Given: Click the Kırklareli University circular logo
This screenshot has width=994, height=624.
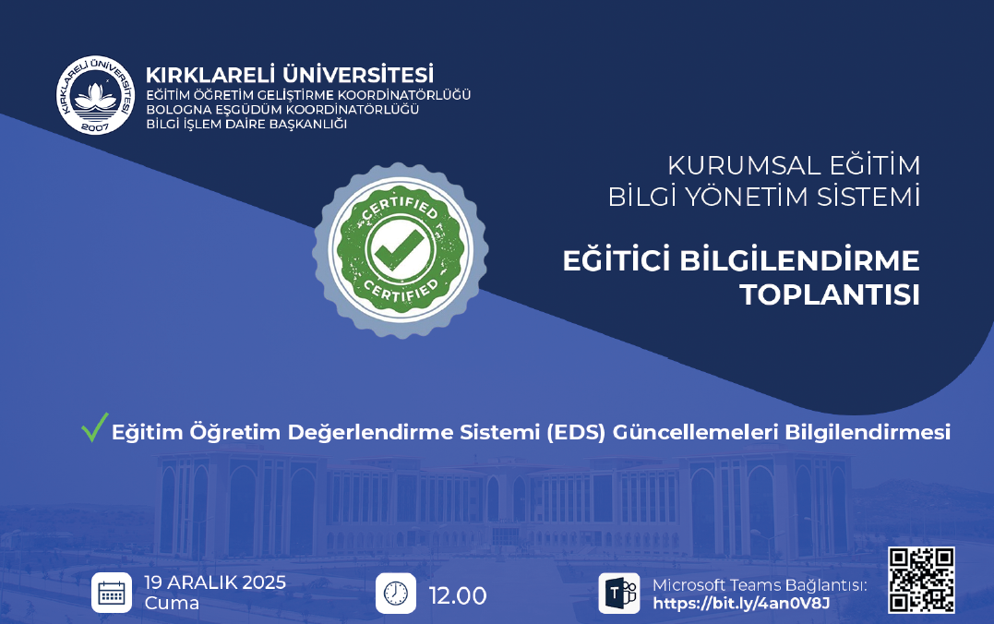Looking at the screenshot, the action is [96, 94].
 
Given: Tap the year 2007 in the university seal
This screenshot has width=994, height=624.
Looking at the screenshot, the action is [95, 126].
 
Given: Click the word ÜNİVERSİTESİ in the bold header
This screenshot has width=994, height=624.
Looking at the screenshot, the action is [358, 75].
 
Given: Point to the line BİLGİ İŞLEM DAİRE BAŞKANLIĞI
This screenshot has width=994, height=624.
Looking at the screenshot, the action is [246, 125].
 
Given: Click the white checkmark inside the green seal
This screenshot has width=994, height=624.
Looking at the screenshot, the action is [400, 249].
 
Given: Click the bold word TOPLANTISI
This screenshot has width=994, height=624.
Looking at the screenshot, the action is [829, 294].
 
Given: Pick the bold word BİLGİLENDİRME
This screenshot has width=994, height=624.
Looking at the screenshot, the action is [799, 260].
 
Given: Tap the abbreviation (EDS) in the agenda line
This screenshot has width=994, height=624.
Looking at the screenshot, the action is [576, 432].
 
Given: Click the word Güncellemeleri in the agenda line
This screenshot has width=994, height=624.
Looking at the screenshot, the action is [695, 432].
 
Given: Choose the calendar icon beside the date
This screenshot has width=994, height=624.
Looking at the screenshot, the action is [112, 593].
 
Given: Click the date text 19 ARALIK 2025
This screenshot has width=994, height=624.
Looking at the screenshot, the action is [215, 582].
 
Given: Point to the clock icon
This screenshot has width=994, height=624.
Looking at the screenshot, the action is [396, 593].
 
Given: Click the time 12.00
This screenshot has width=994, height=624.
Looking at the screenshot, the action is [458, 595].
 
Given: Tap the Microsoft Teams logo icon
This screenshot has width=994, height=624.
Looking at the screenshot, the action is [618, 593].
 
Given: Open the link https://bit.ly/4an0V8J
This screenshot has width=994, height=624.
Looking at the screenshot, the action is [741, 603].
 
